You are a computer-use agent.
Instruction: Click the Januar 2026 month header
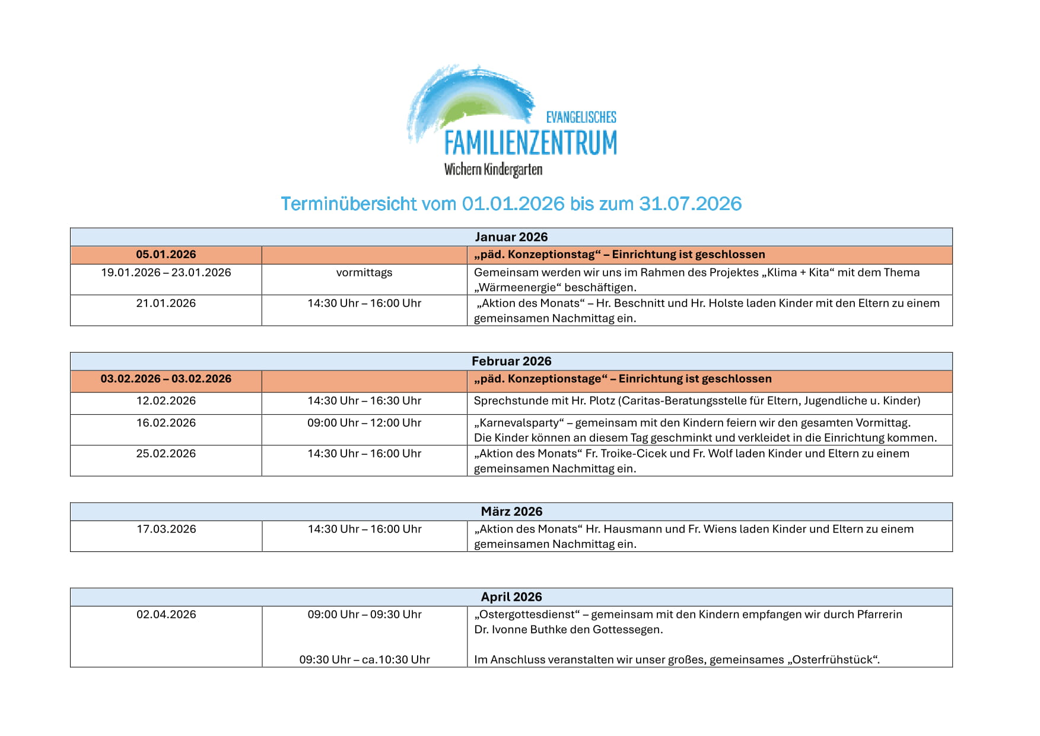[511, 237]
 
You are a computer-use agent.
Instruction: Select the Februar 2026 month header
[511, 361]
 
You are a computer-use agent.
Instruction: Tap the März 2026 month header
[511, 511]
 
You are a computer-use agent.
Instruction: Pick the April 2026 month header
[511, 597]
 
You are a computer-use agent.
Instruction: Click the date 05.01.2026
[166, 255]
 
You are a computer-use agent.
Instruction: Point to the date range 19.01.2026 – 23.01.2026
[166, 272]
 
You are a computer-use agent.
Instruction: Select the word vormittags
[364, 272]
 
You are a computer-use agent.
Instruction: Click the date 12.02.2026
[166, 401]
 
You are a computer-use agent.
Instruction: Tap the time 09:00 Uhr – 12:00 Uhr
[364, 423]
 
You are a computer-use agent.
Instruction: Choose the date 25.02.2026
[166, 453]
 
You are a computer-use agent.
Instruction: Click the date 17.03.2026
[166, 529]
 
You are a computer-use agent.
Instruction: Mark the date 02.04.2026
[166, 614]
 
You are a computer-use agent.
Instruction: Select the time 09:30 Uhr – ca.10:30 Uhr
[364, 659]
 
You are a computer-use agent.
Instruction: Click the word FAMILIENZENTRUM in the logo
[530, 143]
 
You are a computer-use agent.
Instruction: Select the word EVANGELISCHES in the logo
[581, 117]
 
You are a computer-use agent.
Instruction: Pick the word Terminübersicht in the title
[349, 204]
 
